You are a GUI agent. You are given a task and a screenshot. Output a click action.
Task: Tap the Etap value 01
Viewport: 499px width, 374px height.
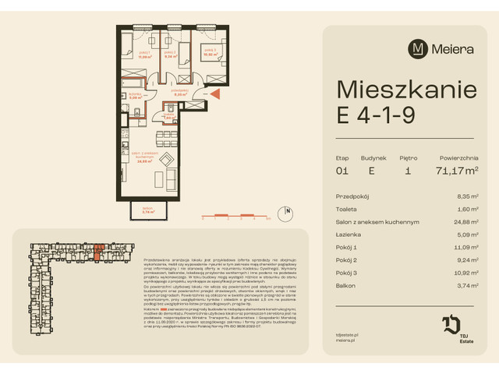click(342, 168)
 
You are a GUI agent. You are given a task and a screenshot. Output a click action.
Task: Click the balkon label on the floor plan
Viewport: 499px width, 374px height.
click(147, 209)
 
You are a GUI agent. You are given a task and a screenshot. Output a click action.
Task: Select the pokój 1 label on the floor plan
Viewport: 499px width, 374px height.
click(144, 55)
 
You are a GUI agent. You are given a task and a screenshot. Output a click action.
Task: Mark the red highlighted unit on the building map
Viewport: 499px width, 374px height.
click(98, 249)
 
